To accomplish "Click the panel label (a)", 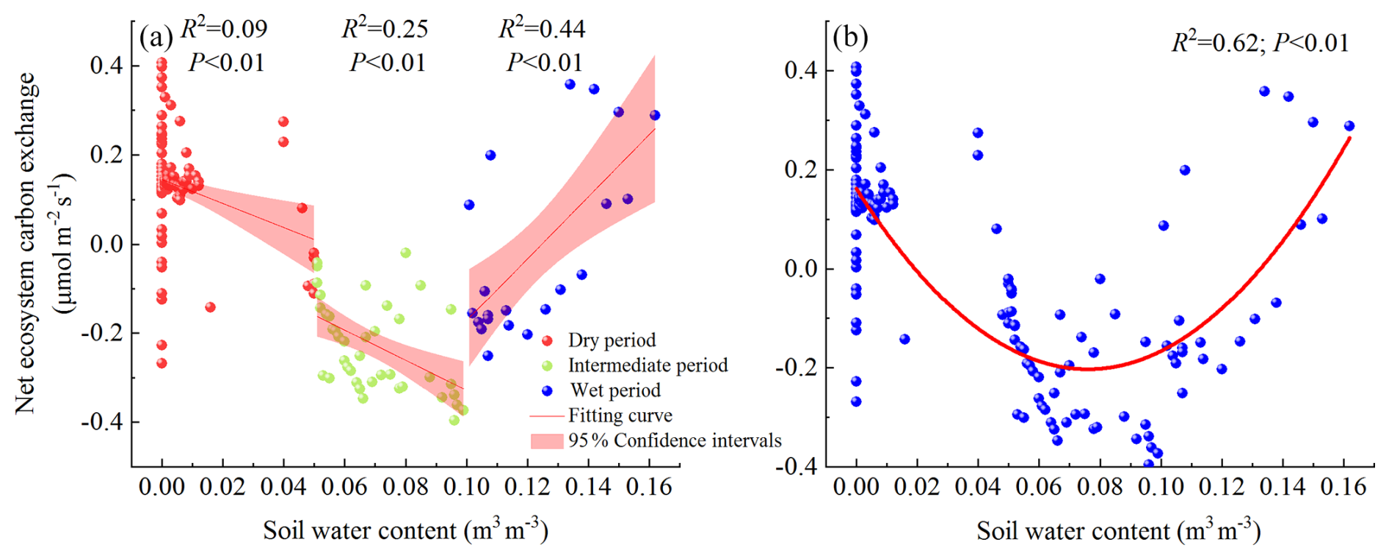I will pos(156,37).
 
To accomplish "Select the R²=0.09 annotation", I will pos(224,29).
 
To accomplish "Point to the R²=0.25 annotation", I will pos(385,29).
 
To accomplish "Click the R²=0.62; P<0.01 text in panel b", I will pos(1260,43).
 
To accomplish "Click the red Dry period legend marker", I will pos(547,340).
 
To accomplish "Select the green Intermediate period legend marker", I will pos(547,365).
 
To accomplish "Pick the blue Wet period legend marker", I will pos(547,390).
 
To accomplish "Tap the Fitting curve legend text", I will pos(620,415).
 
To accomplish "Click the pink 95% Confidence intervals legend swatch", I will pos(547,440).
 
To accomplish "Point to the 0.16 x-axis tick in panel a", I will pos(650,487).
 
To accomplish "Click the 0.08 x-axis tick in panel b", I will pos(1100,487).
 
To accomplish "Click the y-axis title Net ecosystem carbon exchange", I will pos(26,242).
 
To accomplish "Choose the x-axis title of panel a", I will pos(405,530).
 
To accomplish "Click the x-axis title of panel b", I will pos(1118,530).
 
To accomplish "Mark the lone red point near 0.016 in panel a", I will pos(210,307).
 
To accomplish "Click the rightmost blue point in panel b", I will pos(1349,125).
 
